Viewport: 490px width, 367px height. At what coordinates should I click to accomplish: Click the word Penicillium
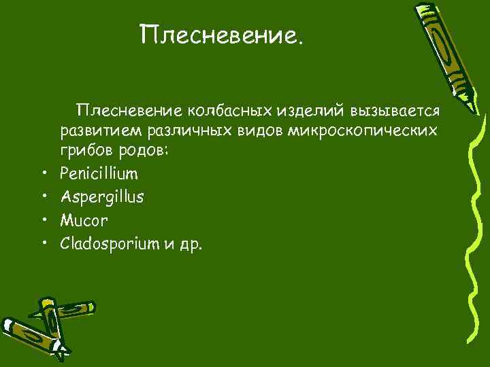pos(99,175)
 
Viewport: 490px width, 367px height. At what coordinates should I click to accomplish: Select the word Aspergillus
pos(101,198)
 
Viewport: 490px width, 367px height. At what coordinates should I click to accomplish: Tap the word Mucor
pos(84,220)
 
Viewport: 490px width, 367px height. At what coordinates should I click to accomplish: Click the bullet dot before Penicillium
pos(42,175)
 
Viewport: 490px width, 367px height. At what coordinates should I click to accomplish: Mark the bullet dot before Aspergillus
pos(42,198)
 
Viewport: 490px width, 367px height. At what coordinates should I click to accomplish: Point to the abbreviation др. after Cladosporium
pos(191,244)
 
